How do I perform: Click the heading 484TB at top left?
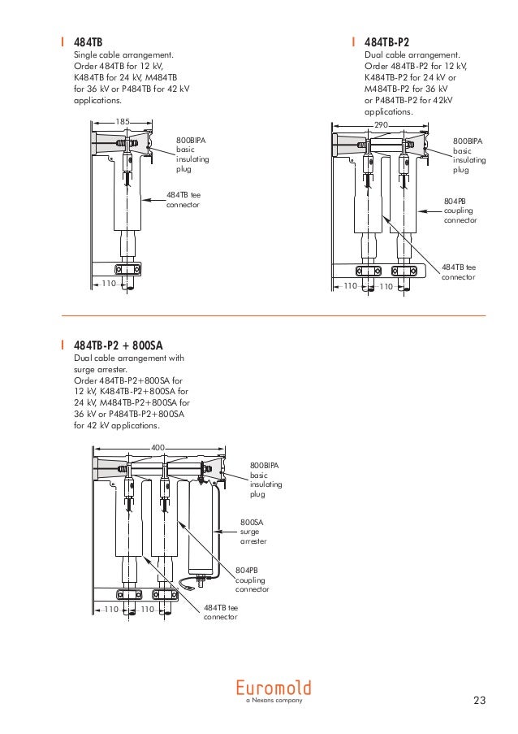pos(88,41)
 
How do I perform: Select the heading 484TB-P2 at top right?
pos(386,41)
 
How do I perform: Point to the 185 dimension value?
pos(123,121)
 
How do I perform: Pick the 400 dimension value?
pos(158,447)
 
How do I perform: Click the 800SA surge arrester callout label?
pos(253,532)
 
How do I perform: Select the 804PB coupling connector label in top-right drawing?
pos(460,210)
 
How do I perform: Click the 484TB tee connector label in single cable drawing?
pos(183,200)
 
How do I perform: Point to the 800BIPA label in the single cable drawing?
pos(192,154)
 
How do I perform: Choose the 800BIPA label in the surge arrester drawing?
pos(265,479)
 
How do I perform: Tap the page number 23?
pos(479,701)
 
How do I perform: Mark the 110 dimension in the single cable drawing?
pos(108,283)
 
